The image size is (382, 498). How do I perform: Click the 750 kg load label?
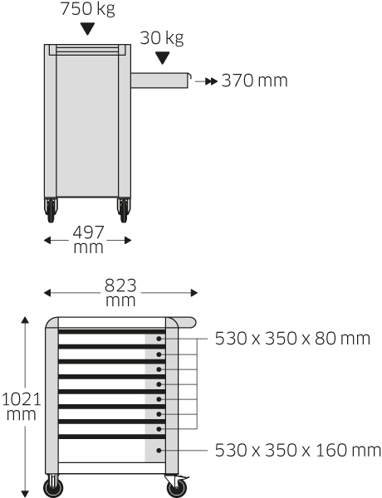[87, 8]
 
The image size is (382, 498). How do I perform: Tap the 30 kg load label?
[162, 38]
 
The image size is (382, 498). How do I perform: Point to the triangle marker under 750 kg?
[87, 29]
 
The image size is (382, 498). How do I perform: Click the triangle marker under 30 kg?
[163, 58]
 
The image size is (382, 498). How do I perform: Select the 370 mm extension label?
[255, 81]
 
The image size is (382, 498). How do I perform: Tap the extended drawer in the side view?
[161, 81]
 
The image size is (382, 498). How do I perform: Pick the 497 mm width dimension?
[88, 240]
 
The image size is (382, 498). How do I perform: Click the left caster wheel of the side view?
[51, 210]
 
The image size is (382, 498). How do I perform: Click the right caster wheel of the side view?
[124, 210]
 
